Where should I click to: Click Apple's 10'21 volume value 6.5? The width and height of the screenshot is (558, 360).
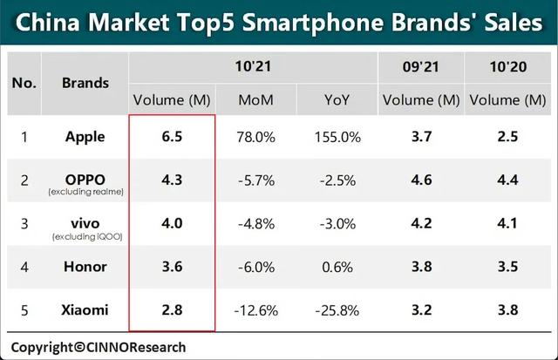(171, 136)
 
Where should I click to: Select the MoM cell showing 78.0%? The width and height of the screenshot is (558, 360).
(255, 136)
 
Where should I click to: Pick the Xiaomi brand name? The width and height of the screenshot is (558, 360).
(85, 309)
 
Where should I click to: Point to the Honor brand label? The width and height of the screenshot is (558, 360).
(85, 266)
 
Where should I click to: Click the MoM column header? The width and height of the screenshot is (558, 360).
(255, 99)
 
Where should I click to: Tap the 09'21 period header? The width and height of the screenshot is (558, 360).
(420, 65)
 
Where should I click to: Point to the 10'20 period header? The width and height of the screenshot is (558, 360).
(506, 65)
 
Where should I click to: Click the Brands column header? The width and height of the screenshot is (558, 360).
(85, 83)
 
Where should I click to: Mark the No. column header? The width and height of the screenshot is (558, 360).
(24, 83)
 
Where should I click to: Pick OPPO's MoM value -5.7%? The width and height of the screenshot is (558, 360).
(255, 180)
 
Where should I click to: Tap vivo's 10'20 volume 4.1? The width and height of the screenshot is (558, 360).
(506, 222)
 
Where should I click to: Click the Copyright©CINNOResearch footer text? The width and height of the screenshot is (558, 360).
(98, 347)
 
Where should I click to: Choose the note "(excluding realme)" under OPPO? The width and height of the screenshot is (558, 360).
(85, 191)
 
